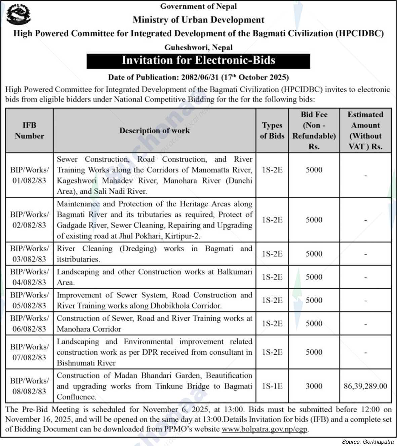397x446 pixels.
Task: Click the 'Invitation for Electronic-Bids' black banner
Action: point(198,60)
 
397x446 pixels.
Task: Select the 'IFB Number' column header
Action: point(29,131)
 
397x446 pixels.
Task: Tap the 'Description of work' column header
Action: point(154,131)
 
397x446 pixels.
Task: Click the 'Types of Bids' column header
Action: point(272,131)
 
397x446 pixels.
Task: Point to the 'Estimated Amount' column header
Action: point(365,131)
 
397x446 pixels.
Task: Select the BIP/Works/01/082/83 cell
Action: point(29,175)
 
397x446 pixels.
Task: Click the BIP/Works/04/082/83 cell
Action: point(29,277)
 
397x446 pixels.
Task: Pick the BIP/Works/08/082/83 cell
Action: point(29,386)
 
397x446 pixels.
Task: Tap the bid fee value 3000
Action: point(314,386)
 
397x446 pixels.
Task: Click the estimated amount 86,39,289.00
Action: point(365,386)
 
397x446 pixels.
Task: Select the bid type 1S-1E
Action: point(272,386)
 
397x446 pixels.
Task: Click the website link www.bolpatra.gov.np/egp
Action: point(265,429)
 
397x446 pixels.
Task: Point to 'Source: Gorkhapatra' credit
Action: point(367,442)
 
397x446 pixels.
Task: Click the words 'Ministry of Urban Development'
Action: point(198,20)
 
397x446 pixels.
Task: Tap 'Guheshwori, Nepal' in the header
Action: point(198,47)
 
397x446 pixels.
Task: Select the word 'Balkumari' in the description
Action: point(234,271)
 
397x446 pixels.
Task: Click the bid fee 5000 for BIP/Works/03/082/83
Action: point(314,254)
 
